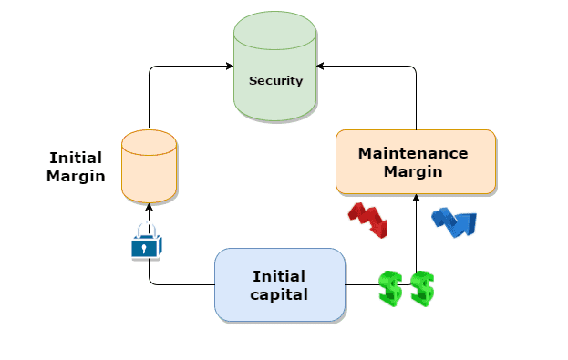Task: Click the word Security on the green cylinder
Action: [275, 80]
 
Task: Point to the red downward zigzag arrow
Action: [367, 220]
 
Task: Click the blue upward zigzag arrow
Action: [453, 221]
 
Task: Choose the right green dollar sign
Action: [422, 288]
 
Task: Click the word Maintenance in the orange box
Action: [413, 153]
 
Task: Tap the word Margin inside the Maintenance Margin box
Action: [413, 171]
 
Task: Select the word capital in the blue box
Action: [280, 294]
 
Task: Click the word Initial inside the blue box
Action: [279, 276]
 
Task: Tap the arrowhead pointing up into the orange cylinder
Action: [149, 209]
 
